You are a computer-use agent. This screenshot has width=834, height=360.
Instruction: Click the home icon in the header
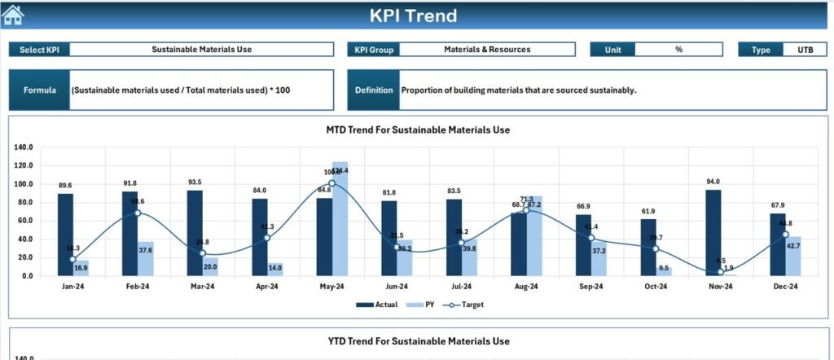13,15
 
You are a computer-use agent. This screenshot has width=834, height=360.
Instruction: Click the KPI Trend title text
413,15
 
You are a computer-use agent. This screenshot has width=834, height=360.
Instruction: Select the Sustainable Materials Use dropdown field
201,50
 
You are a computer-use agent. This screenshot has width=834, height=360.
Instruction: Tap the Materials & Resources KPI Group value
487,50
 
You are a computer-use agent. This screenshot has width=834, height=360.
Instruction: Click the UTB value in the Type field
805,50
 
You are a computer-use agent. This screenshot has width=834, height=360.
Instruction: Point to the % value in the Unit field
678,50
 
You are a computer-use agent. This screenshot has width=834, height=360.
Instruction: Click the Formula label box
39,90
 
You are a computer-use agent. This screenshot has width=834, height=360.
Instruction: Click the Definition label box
374,90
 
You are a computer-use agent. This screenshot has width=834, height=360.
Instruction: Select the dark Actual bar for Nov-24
713,233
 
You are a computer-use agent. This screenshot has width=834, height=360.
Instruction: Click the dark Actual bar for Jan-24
65,235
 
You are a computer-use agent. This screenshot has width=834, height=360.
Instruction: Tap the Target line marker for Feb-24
138,213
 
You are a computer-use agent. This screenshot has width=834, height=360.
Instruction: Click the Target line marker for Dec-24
786,235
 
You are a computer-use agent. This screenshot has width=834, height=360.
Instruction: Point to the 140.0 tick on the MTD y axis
23,147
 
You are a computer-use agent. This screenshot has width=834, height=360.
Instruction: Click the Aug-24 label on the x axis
526,287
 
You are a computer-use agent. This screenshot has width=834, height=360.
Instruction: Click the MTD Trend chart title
418,130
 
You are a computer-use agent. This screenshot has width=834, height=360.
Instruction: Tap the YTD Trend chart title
418,341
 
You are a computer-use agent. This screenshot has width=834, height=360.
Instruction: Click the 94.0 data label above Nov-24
713,182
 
